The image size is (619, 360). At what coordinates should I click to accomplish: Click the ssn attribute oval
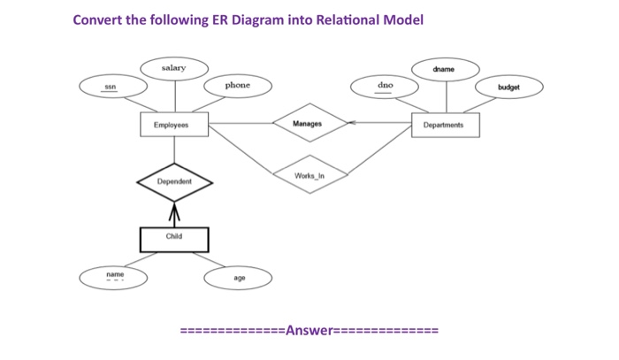(111, 87)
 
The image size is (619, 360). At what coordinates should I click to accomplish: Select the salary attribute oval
(174, 68)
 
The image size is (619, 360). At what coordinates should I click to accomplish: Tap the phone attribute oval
(237, 86)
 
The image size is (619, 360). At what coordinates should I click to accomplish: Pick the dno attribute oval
(386, 86)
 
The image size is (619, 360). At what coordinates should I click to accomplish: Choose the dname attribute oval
(445, 69)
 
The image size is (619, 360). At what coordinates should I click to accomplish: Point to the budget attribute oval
(508, 88)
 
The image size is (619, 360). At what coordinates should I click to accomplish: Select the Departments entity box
(445, 125)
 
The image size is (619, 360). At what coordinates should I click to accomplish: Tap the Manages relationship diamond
(309, 124)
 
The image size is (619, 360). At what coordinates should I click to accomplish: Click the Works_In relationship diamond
(309, 175)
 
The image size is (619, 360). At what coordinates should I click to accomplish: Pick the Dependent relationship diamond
(175, 181)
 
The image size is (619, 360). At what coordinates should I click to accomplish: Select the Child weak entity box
(175, 237)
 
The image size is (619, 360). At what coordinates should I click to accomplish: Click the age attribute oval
(239, 278)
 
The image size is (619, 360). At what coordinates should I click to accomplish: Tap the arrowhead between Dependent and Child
(175, 211)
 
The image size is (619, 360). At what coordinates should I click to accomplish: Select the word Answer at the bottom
(309, 331)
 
